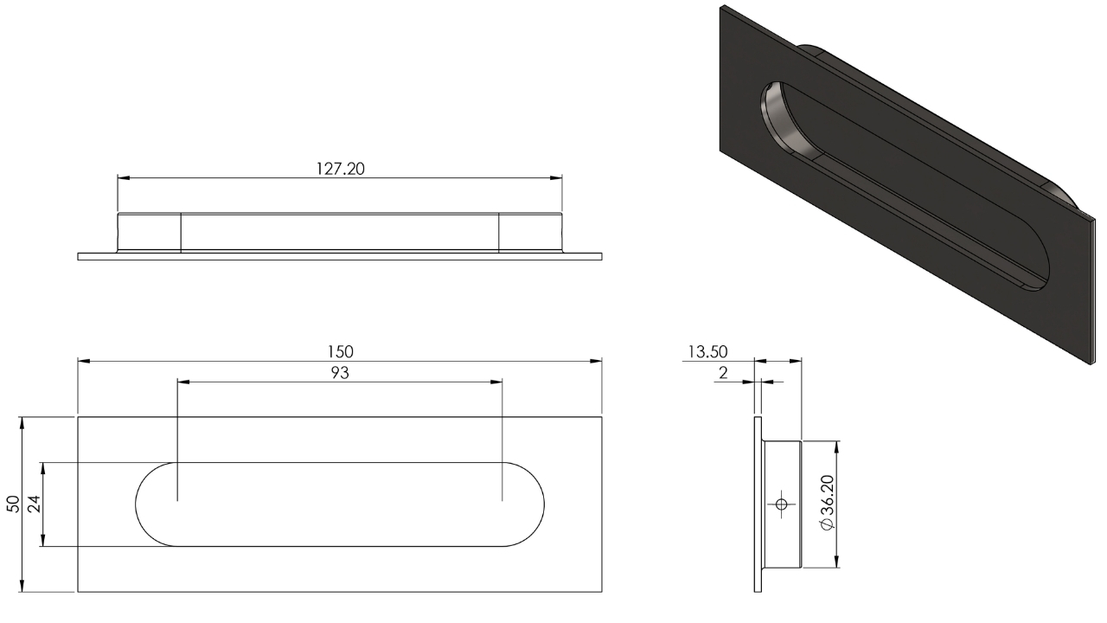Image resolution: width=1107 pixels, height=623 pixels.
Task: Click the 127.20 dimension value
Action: point(340,169)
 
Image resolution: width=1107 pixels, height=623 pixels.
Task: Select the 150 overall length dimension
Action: point(340,351)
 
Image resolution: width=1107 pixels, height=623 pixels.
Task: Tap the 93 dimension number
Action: point(340,373)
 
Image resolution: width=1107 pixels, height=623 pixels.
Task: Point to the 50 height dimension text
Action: point(14,504)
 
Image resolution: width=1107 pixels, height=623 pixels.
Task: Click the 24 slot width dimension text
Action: point(34,504)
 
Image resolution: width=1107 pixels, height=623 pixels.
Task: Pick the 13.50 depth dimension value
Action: point(707,351)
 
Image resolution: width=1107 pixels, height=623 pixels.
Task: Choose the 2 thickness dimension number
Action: point(723,373)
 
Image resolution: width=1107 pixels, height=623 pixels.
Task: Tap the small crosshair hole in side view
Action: point(781,504)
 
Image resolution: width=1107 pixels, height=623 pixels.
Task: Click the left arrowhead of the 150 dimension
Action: point(84,362)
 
